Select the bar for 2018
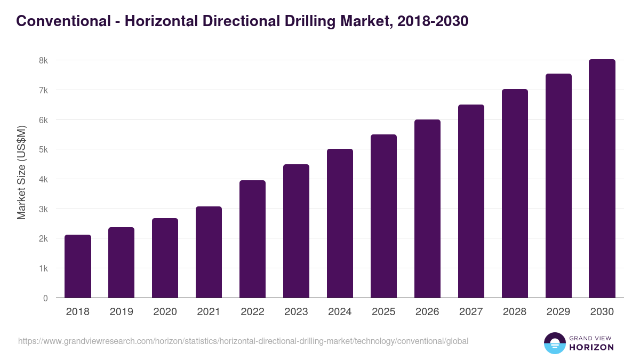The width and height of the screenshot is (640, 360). point(78,267)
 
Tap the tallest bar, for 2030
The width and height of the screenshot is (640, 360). point(602,179)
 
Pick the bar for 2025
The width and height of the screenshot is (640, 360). point(383,216)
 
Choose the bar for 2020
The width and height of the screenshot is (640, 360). point(165,258)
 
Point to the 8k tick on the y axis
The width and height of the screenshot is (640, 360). point(43,60)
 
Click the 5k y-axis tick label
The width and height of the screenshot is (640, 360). point(43,149)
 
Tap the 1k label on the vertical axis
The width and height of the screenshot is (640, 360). point(43,268)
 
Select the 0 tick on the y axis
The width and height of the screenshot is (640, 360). point(46,298)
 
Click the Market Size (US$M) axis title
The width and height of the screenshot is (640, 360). point(21,172)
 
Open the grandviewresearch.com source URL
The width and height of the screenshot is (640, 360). point(243,341)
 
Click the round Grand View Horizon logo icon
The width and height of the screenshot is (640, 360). point(554,343)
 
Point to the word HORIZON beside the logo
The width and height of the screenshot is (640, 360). point(591,347)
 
